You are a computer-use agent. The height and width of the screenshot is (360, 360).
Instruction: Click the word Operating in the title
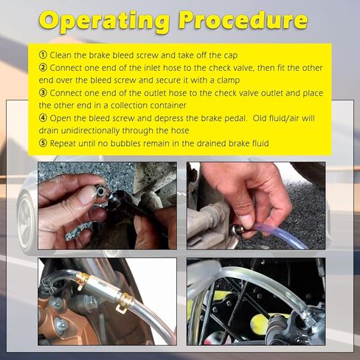point(104,21)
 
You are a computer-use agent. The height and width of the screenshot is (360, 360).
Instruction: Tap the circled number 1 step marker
point(43,55)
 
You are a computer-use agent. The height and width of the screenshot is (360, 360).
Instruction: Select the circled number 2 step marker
point(43,68)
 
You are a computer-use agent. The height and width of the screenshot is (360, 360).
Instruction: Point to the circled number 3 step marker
point(43,93)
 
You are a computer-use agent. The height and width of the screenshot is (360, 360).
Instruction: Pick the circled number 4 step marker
point(43,118)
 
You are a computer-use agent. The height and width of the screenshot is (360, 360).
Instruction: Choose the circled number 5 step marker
point(43,143)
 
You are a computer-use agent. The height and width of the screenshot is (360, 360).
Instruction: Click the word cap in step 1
point(231,56)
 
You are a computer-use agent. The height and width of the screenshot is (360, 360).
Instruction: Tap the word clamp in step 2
point(228,80)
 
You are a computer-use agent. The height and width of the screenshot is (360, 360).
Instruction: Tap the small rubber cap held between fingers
point(101,191)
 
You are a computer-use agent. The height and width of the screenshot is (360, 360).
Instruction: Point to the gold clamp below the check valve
point(125,302)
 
